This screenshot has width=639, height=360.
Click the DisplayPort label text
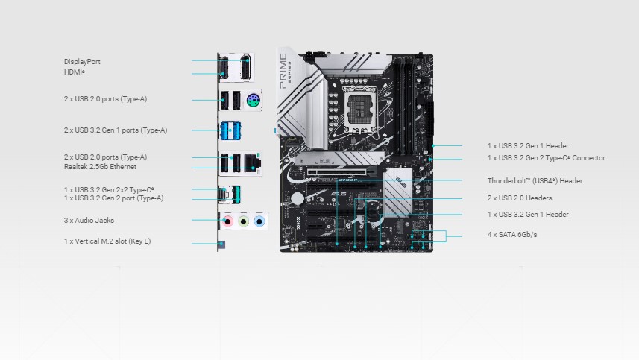(x=82, y=62)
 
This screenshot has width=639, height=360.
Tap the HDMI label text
(x=74, y=72)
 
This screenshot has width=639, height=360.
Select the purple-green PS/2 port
(x=253, y=100)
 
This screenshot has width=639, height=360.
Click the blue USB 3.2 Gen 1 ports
(x=230, y=131)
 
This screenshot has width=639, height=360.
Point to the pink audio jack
(x=228, y=221)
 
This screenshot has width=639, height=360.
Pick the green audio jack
(x=244, y=221)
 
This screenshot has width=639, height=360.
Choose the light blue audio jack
(x=259, y=221)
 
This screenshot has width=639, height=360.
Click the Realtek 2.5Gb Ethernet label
(x=100, y=166)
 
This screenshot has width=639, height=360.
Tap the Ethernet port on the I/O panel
(x=252, y=163)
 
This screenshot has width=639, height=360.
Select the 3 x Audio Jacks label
(x=89, y=221)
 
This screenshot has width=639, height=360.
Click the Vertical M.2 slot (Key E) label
(x=107, y=241)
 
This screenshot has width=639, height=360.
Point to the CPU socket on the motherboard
(x=361, y=110)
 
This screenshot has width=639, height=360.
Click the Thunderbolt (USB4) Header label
(x=535, y=181)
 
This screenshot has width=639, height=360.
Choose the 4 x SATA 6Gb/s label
(x=512, y=235)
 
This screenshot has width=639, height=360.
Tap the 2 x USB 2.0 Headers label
(x=520, y=198)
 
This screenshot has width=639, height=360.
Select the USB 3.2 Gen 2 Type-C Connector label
(x=546, y=157)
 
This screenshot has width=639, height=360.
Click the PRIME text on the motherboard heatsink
(x=283, y=71)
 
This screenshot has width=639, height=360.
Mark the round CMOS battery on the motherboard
(x=298, y=199)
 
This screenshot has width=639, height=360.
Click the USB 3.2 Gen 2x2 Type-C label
(x=109, y=189)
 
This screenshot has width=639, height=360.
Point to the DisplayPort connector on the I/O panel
(x=245, y=68)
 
